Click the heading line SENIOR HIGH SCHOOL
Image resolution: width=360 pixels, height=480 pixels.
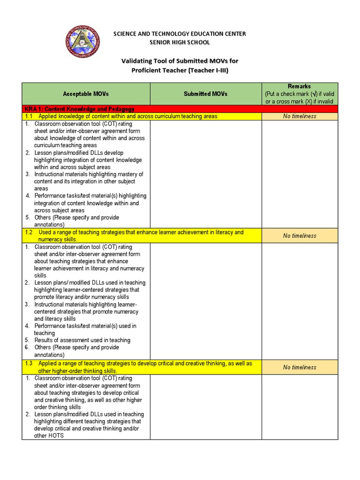[x=180, y=42]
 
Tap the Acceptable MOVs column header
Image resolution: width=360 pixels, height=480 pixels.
[x=86, y=94]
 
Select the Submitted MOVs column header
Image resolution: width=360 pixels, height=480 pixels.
[x=205, y=94]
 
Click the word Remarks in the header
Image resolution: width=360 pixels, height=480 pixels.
[x=300, y=86]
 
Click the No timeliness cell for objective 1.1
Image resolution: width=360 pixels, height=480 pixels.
[x=300, y=116]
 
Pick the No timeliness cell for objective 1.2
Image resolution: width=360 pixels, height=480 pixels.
[x=300, y=236]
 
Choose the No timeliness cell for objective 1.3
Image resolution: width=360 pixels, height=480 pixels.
[x=300, y=367]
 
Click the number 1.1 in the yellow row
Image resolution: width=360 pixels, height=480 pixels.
[x=29, y=116]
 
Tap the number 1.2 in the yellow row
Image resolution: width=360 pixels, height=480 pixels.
[x=29, y=232]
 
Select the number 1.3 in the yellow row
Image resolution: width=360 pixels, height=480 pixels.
[x=29, y=364]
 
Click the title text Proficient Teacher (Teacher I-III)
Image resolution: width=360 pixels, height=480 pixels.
[x=180, y=70]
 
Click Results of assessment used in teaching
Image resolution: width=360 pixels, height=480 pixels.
[x=82, y=340]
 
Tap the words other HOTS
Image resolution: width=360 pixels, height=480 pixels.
[x=49, y=435]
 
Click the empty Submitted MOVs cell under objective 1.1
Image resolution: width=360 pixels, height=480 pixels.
[x=205, y=174]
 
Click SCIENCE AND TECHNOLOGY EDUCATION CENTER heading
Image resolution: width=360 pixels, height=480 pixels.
[x=180, y=34]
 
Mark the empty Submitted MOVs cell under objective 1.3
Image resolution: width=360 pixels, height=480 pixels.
[x=205, y=406]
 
